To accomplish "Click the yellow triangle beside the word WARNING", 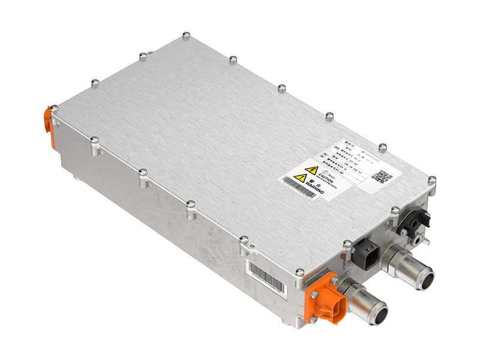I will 301,178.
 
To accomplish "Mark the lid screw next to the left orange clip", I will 55,109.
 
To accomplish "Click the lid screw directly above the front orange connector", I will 299,272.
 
